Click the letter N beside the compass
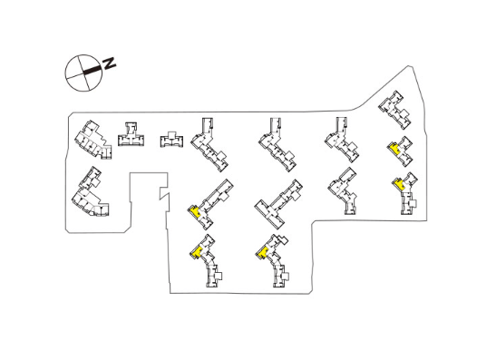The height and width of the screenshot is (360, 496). [x=109, y=63]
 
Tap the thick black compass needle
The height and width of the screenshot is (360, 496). [x=92, y=70]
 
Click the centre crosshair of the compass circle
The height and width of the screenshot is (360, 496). [x=83, y=73]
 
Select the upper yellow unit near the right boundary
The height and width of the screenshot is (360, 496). [x=394, y=148]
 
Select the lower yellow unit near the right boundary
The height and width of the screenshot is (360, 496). [x=400, y=184]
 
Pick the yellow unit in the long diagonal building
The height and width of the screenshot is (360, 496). [x=194, y=212]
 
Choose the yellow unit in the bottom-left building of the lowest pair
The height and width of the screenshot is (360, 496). [x=198, y=252]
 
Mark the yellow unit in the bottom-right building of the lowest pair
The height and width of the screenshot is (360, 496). [x=262, y=253]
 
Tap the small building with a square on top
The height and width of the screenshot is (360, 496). [x=171, y=139]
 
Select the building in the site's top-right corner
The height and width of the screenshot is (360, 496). [x=394, y=110]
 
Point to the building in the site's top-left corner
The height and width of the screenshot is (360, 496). [x=93, y=140]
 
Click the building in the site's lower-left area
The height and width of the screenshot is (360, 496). [x=91, y=192]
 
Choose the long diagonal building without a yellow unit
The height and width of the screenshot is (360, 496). [x=278, y=204]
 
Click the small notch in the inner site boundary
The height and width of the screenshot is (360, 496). [x=164, y=194]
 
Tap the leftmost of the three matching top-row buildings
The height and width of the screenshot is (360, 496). [x=209, y=144]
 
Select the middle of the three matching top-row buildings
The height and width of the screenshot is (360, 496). [x=277, y=144]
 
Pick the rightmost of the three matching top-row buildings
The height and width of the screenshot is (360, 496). [x=342, y=140]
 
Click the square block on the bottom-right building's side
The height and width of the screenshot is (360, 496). [x=287, y=277]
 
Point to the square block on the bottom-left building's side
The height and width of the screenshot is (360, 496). [x=219, y=276]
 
